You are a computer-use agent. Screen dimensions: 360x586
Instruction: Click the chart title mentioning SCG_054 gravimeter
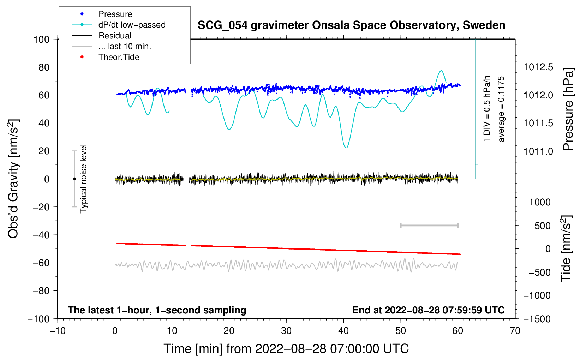(x=351, y=25)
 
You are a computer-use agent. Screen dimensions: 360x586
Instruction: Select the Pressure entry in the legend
(x=115, y=14)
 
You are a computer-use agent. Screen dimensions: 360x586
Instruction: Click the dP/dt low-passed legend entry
(x=132, y=25)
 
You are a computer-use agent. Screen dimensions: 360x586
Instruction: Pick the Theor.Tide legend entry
(x=119, y=57)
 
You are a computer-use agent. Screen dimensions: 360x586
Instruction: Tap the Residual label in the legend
(x=115, y=36)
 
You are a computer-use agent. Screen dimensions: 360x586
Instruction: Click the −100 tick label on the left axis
(x=38, y=319)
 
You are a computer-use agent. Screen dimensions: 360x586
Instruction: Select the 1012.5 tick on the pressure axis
(x=538, y=67)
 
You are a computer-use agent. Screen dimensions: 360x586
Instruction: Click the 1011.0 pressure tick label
(x=538, y=151)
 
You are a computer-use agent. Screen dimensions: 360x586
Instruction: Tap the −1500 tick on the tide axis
(x=537, y=319)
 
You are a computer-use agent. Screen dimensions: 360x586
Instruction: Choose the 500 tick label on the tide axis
(x=543, y=226)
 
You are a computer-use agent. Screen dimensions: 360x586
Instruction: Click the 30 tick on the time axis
(x=286, y=331)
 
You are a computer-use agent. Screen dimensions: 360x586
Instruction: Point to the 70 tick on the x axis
(x=515, y=331)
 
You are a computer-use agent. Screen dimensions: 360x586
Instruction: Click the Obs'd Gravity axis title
(x=13, y=179)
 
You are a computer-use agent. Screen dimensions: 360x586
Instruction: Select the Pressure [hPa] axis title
(x=568, y=109)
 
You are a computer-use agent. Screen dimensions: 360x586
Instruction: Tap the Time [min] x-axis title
(x=286, y=349)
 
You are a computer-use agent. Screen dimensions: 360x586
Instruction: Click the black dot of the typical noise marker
(x=74, y=179)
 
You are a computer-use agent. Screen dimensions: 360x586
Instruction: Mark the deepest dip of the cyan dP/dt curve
(x=346, y=148)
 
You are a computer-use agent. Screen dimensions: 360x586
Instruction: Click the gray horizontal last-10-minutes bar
(x=429, y=225)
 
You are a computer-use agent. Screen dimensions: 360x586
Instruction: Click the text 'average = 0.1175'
(x=501, y=109)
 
